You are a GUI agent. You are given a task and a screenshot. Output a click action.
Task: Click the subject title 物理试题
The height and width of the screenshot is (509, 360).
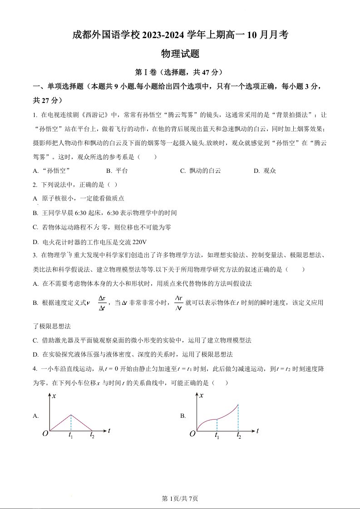(x=180, y=54)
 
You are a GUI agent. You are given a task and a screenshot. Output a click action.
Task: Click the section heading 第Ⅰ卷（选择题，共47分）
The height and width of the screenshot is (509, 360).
(x=180, y=72)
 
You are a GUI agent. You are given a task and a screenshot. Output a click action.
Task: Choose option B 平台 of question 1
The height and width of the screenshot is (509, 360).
(x=117, y=171)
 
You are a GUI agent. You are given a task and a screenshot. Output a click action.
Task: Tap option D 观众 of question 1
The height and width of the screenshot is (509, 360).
(x=265, y=171)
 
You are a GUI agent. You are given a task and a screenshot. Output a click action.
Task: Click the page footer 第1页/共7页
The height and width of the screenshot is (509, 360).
(x=180, y=499)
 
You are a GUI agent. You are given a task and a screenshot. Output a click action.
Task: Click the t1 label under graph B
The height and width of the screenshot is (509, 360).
(x=217, y=436)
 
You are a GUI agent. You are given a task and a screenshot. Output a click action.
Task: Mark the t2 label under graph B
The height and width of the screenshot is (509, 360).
(x=239, y=436)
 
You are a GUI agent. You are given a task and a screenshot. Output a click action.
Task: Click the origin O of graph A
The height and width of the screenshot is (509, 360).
(x=45, y=434)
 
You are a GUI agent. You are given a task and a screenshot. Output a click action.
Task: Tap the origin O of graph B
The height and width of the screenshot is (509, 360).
(x=192, y=434)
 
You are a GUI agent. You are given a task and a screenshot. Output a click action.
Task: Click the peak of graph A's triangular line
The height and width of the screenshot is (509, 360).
(x=71, y=415)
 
